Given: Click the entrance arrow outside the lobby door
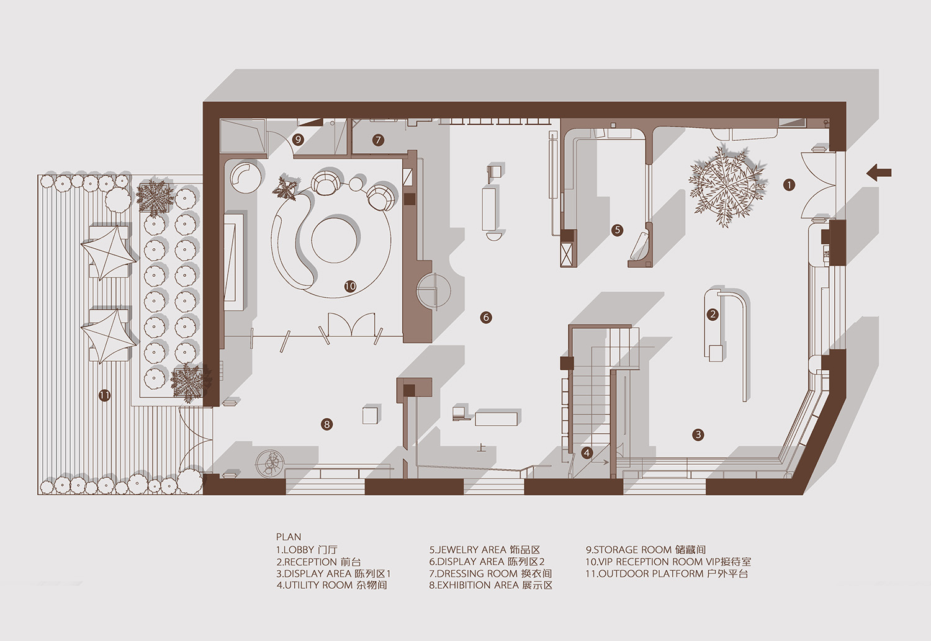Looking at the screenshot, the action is tap(879, 172).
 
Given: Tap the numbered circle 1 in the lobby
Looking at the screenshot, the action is tap(789, 185).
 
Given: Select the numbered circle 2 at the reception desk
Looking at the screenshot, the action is tap(713, 314).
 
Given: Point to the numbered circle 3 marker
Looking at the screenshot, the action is tap(698, 435).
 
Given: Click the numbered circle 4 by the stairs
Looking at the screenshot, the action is tap(587, 453).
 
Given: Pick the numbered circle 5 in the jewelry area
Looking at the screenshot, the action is tap(617, 230).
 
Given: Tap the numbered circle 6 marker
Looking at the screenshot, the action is tap(486, 318).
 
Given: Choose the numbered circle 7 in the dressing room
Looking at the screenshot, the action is tap(378, 140).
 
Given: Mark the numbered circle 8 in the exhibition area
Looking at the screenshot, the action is tap(327, 424).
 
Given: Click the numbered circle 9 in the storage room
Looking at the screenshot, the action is tap(297, 140).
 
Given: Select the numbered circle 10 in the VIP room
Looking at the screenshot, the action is tap(351, 286).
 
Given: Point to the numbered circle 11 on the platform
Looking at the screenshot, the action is tap(105, 395).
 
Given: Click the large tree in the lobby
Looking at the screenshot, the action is tap(727, 186).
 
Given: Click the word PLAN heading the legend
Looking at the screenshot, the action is tap(289, 537).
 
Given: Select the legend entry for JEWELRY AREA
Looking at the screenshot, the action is tap(485, 550).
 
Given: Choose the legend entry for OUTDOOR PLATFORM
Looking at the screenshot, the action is tap(667, 574).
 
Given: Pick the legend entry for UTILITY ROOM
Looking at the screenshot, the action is tap(331, 585).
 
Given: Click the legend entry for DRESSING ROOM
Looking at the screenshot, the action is tap(490, 574).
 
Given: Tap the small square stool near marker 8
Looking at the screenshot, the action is tap(371, 415).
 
